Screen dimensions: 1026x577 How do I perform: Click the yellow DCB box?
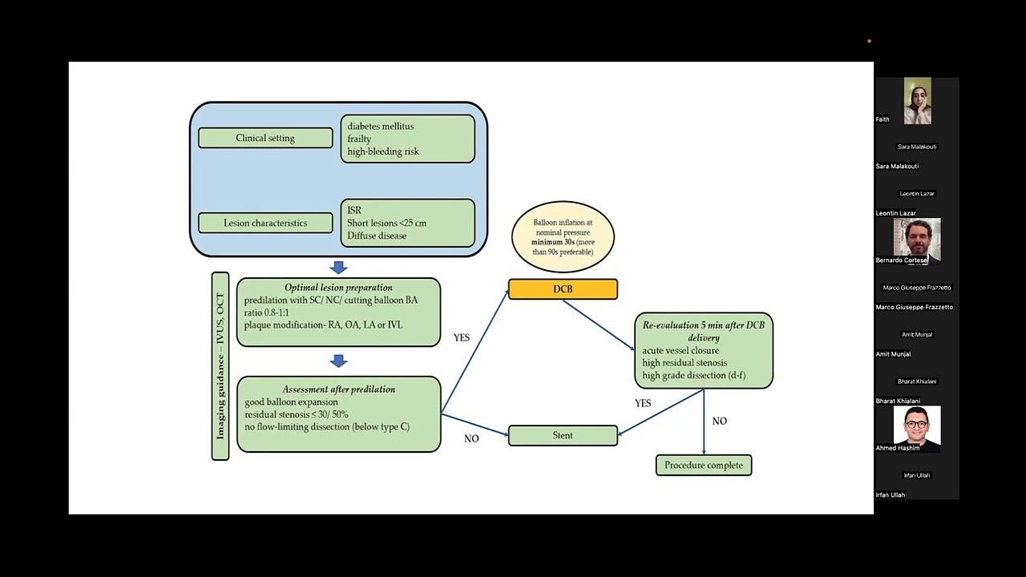click(563, 289)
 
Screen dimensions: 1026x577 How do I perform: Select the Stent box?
click(563, 435)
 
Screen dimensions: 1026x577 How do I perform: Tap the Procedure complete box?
click(704, 466)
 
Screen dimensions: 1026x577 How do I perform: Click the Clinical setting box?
click(265, 138)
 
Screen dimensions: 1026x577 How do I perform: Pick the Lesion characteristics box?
click(265, 223)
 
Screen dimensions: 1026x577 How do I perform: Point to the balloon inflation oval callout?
click(563, 237)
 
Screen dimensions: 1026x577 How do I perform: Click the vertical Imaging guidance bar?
click(220, 366)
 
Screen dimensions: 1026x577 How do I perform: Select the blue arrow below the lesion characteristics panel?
click(338, 268)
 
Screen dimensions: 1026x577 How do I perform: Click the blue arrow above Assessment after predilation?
click(338, 361)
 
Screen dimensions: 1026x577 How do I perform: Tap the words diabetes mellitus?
click(381, 126)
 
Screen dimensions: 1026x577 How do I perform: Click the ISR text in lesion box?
click(354, 210)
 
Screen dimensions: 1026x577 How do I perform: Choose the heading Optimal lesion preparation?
click(338, 288)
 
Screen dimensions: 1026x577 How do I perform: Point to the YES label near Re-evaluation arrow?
click(643, 403)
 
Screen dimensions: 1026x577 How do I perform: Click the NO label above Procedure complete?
click(720, 421)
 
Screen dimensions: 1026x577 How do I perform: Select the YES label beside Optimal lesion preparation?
click(462, 337)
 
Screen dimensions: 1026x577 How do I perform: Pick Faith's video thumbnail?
click(918, 101)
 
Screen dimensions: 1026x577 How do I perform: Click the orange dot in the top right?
click(870, 41)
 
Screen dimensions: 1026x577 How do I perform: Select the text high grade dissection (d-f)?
click(694, 376)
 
